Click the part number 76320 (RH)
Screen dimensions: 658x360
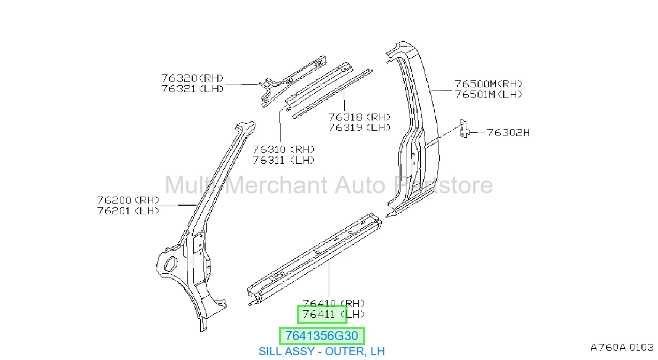[x=192, y=78]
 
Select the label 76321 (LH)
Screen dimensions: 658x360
[x=192, y=89]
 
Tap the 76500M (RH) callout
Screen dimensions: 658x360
[x=488, y=84]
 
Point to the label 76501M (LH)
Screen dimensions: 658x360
[x=488, y=95]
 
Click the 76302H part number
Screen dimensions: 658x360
[x=508, y=133]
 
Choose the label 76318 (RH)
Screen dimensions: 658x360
[x=359, y=117]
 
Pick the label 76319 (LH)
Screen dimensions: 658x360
[x=359, y=127]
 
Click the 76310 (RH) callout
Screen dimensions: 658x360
[x=283, y=149]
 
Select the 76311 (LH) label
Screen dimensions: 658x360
[x=283, y=160]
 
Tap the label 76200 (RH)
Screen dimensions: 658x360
[x=128, y=200]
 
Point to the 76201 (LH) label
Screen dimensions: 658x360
[x=128, y=211]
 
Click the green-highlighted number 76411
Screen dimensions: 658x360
[x=319, y=314]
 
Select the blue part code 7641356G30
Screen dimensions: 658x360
[x=322, y=335]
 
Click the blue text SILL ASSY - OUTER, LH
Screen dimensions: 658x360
[x=322, y=351]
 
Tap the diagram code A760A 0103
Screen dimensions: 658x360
[x=622, y=348]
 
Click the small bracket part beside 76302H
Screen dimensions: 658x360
[x=464, y=129]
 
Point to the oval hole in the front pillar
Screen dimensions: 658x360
[x=170, y=264]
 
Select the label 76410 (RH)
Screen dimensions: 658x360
[x=334, y=304]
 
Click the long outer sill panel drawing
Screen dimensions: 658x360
[x=315, y=259]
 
